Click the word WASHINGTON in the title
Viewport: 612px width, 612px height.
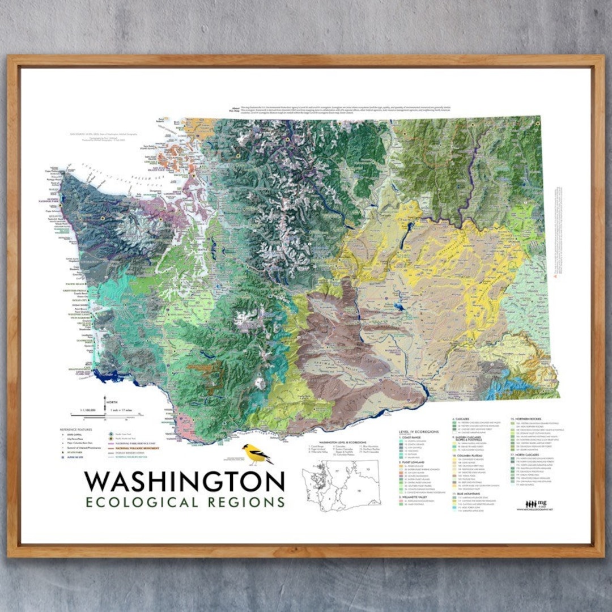[184, 482]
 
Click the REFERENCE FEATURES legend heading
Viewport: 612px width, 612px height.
[73, 430]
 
